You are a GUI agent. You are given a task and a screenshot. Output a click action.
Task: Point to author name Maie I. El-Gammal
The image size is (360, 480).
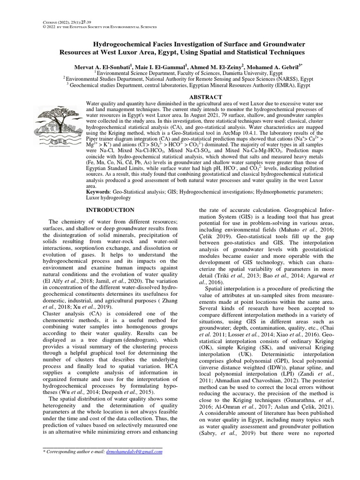click(157, 66)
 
